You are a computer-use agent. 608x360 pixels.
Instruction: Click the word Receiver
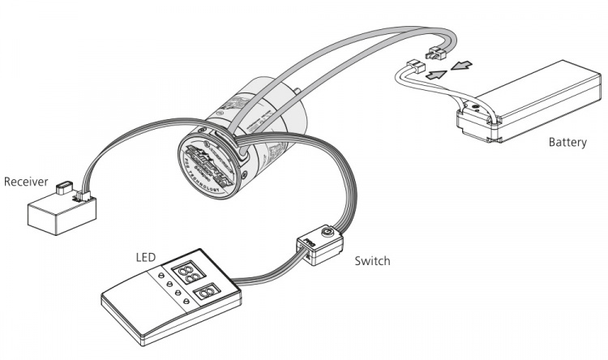click(26, 182)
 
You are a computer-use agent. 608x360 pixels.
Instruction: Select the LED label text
click(144, 257)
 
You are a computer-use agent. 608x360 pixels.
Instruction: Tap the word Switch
click(372, 261)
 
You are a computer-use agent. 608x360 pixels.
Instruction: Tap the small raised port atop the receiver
click(63, 190)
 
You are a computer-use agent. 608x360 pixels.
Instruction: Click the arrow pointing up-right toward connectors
click(435, 75)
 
